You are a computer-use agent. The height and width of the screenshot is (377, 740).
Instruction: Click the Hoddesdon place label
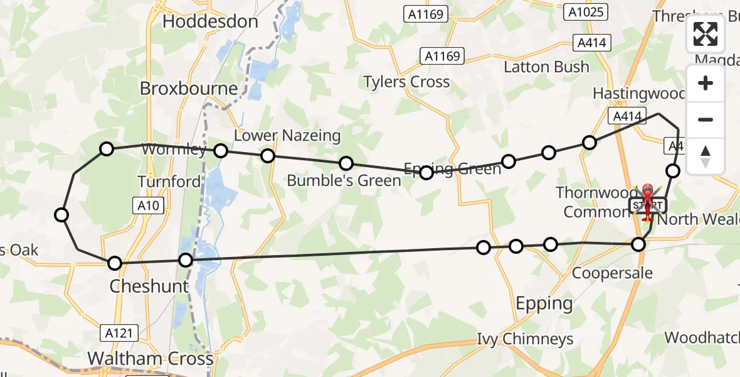click(x=210, y=21)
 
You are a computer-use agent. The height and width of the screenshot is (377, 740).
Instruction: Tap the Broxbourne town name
click(x=189, y=89)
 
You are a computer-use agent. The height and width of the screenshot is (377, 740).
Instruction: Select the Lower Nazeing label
click(x=287, y=135)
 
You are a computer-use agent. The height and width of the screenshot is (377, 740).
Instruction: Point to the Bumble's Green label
click(x=344, y=181)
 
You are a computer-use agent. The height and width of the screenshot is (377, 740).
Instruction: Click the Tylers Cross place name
click(x=407, y=82)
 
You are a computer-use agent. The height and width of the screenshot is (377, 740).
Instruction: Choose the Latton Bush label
click(x=547, y=67)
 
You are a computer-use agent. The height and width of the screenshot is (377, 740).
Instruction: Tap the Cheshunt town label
click(x=149, y=287)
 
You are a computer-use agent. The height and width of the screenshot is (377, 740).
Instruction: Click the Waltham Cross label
click(x=151, y=359)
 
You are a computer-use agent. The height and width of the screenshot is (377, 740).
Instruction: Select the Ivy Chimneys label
click(x=525, y=339)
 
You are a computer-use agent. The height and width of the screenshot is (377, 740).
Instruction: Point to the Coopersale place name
click(x=612, y=273)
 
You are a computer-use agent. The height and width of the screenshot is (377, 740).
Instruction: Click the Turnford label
click(x=169, y=182)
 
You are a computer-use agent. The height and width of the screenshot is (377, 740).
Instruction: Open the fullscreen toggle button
click(x=706, y=34)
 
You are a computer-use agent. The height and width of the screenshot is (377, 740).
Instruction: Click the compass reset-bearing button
click(x=706, y=156)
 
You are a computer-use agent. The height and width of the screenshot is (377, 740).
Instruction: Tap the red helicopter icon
click(x=646, y=202)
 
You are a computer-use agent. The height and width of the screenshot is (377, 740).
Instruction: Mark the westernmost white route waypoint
click(x=61, y=215)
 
